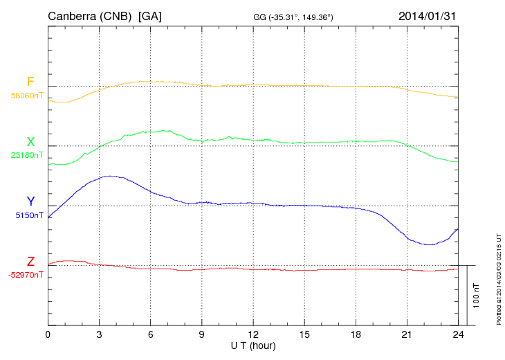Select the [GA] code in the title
coord(150,15)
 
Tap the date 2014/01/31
coord(428,15)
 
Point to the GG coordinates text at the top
coord(294,16)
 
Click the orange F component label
coord(30,82)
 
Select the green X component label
coord(30,142)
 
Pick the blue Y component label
coord(30,201)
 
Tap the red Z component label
coord(30,262)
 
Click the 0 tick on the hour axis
coord(48,335)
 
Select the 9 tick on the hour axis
coord(201,335)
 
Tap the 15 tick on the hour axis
coord(304,335)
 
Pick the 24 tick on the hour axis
coord(457,335)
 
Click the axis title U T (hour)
coord(252,345)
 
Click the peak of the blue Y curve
coord(110,176)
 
